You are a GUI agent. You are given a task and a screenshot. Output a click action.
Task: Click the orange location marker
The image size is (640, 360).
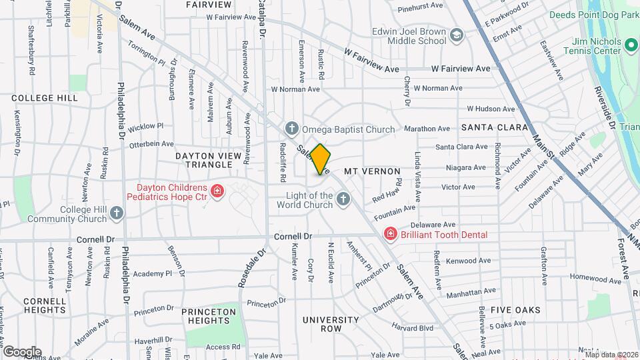coord(321,159)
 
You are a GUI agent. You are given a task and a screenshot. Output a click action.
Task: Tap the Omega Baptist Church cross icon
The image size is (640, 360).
coord(291,128)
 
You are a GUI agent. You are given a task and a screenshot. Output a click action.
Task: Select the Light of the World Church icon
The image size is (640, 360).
coord(343,199)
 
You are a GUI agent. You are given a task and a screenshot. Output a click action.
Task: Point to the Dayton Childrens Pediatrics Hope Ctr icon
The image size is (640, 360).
coord(217,192)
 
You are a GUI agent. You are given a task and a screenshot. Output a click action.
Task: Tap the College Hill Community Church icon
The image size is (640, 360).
coord(117,213)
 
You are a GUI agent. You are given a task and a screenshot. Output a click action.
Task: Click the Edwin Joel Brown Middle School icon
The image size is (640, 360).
coord(456,35)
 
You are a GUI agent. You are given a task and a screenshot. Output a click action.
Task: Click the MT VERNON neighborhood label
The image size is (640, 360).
coord(371,171)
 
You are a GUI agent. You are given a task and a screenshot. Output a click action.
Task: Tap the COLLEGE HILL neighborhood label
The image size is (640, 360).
coord(45,98)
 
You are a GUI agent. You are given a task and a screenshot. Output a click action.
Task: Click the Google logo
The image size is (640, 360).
coord(22,351)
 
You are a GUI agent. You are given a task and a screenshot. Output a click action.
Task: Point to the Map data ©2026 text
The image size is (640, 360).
coord(611,355)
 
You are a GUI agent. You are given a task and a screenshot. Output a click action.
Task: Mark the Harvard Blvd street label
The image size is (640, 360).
coord(413,328)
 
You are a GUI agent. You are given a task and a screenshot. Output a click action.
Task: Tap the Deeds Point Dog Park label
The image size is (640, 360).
coord(593,15)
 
